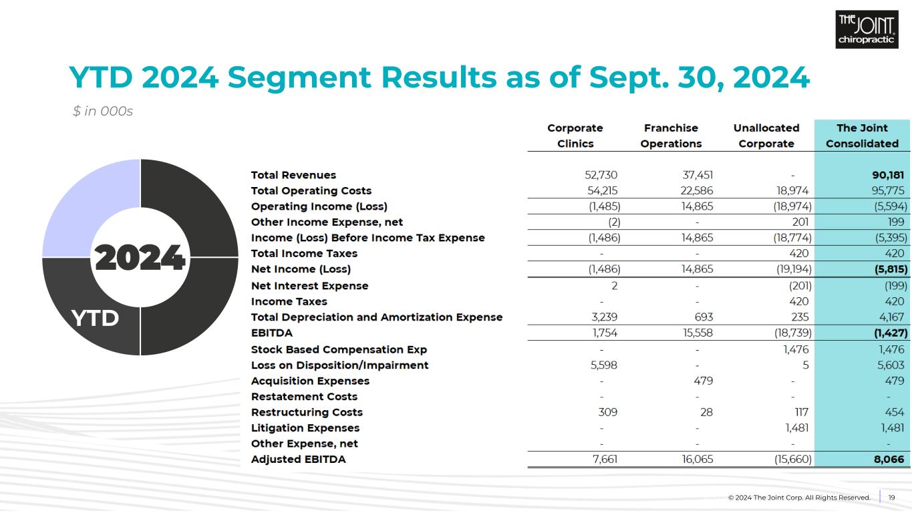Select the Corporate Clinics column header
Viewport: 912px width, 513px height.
coord(575,136)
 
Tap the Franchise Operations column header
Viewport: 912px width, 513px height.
coord(671,136)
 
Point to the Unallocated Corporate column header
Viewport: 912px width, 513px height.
coord(766,136)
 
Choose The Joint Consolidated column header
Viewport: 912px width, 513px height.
coord(862,136)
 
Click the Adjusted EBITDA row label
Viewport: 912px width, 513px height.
coord(298,460)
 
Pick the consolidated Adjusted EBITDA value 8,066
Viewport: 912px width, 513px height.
coord(888,460)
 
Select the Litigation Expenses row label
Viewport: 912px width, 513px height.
coord(305,428)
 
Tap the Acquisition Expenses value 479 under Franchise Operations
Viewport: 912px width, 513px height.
coord(703,381)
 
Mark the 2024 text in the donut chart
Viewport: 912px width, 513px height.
coord(140,258)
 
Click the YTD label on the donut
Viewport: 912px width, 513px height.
coord(95,319)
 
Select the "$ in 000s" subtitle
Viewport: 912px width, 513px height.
coord(103,112)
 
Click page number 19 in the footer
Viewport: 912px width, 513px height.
coord(891,498)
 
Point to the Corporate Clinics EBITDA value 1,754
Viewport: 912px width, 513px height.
coord(605,333)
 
